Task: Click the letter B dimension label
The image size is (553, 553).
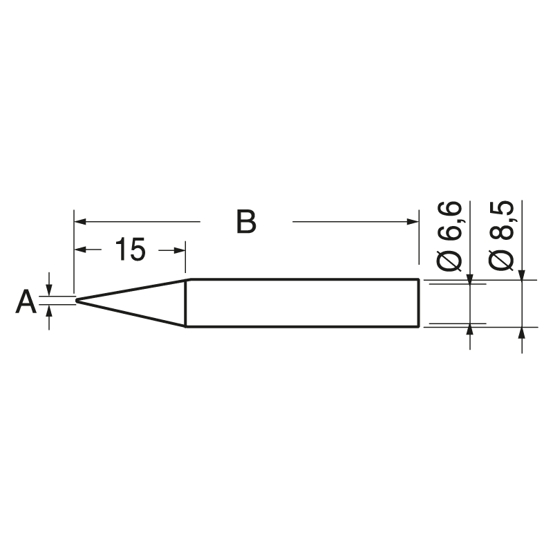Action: [246, 222]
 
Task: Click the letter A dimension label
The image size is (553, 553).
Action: [26, 302]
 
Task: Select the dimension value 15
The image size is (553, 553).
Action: [130, 250]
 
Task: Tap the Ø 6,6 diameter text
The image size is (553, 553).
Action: [450, 235]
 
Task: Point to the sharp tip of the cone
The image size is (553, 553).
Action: [77, 301]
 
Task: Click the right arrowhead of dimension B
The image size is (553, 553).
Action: [414, 222]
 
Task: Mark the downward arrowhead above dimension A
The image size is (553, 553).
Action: [49, 291]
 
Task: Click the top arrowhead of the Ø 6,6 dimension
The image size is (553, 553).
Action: [469, 278]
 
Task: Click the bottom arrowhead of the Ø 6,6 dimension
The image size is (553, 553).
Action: [469, 328]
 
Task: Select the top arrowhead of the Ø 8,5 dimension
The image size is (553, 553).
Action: [521, 274]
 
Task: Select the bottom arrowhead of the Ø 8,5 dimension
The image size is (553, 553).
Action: [521, 332]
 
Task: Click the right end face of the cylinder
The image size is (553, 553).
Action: [420, 303]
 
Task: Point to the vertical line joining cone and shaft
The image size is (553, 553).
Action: [186, 303]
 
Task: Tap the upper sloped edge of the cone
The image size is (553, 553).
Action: [131, 290]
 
